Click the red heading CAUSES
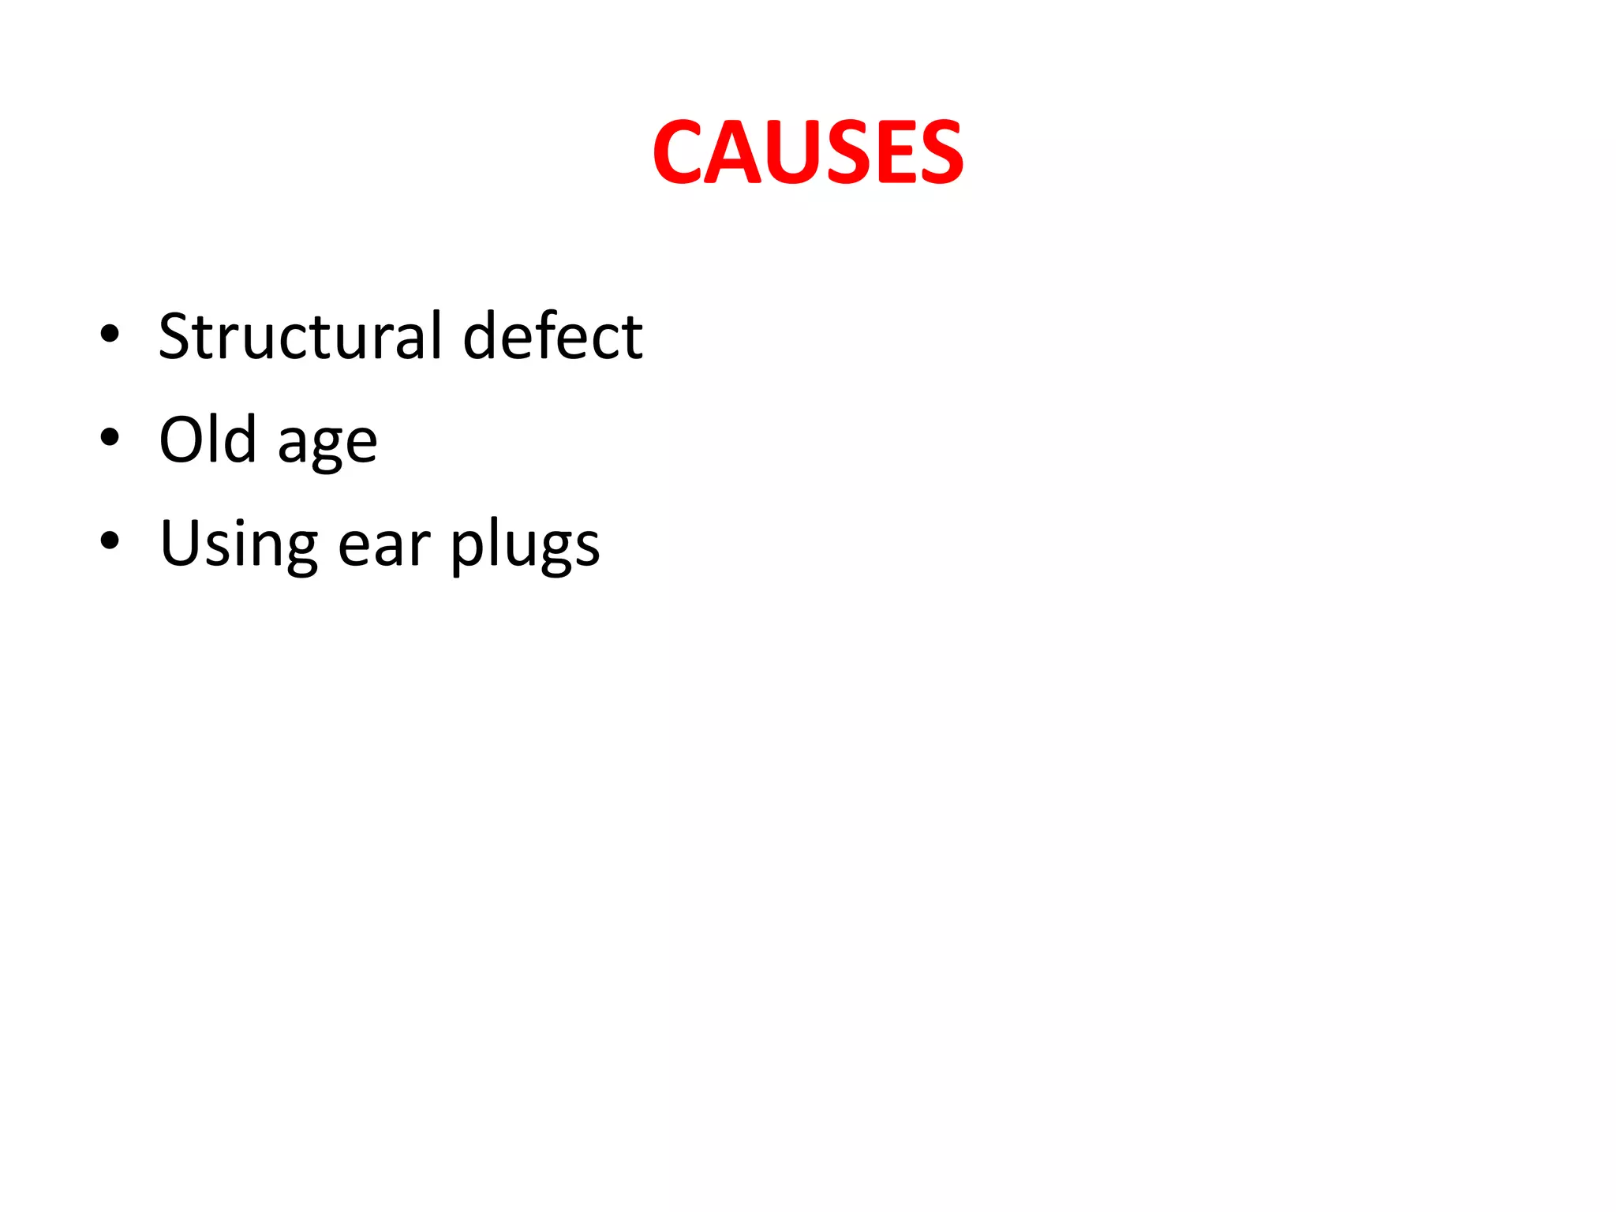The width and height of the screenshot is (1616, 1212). pyautogui.click(x=807, y=152)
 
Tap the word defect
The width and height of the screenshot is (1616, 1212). pyautogui.click(x=552, y=336)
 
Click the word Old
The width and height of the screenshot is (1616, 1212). pyautogui.click(x=208, y=439)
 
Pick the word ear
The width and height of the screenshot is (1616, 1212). pyautogui.click(x=384, y=546)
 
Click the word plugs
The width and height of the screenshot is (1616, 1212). pyautogui.click(x=525, y=546)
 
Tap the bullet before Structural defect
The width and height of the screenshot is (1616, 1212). pyautogui.click(x=110, y=334)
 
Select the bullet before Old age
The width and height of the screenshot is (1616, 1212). pyautogui.click(x=110, y=437)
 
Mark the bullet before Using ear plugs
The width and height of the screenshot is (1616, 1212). pyautogui.click(x=110, y=541)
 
